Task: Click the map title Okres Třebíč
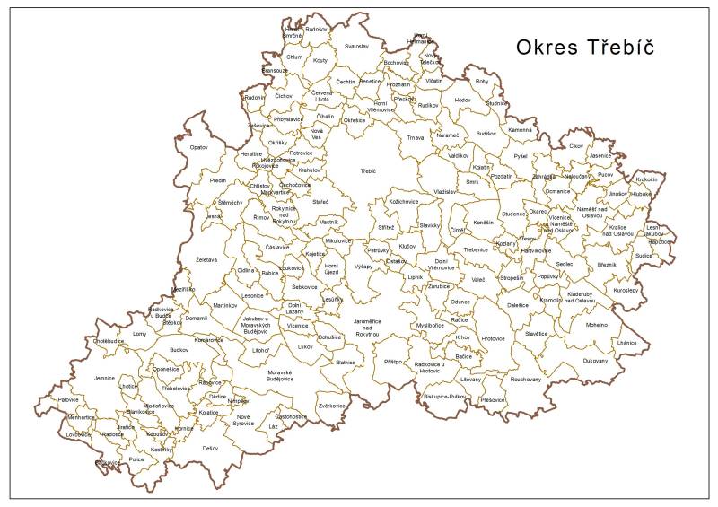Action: coord(584,48)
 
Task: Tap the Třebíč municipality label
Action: coord(368,170)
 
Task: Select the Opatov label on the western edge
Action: coord(198,146)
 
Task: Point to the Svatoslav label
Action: coord(356,46)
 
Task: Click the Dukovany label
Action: coord(594,361)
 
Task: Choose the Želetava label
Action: coord(206,260)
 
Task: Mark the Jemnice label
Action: coord(105,379)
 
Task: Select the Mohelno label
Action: coord(597,325)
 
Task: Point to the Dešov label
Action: coord(210,447)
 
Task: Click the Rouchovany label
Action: coord(526,380)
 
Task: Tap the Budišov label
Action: coord(486,134)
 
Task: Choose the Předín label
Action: coord(218,180)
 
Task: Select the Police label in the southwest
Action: coord(136,459)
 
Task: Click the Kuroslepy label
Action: coord(625,291)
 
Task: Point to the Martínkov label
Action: coord(224,306)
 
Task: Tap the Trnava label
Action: coord(415,138)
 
